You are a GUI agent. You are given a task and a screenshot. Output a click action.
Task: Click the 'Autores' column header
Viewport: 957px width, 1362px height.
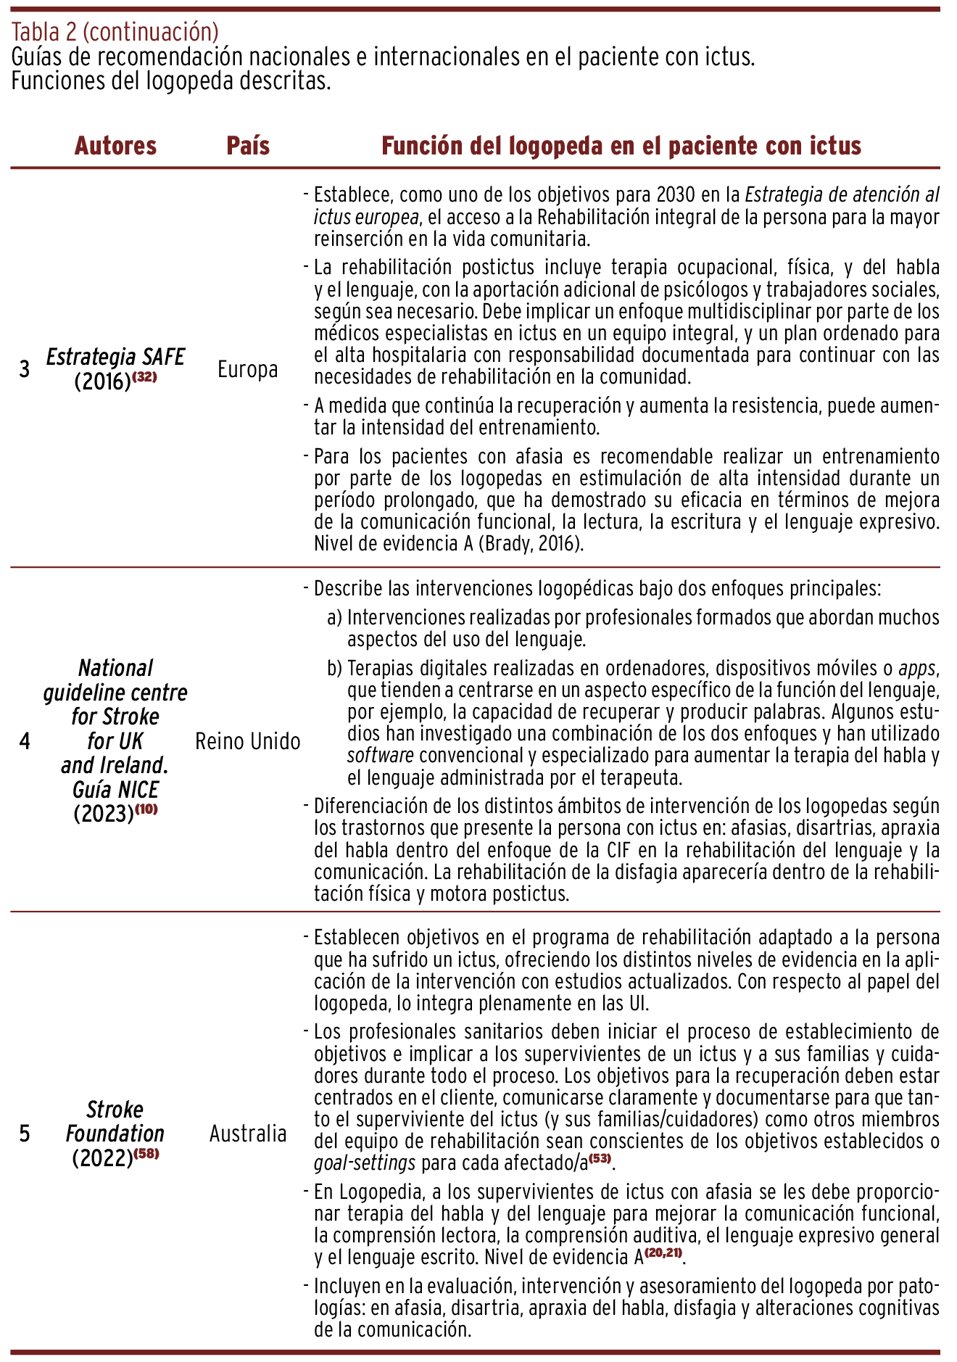115,146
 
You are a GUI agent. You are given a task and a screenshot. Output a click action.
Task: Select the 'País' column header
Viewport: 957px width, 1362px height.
248,146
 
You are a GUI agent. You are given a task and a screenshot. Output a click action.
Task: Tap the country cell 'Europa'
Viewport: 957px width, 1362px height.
248,369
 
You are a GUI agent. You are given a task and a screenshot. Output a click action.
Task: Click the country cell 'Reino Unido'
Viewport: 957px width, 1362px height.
248,741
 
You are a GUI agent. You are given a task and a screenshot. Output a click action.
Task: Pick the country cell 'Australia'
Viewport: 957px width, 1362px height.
248,1133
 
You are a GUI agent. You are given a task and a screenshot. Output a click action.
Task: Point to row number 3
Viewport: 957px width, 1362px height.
25,369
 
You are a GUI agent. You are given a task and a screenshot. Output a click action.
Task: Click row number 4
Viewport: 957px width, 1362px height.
25,741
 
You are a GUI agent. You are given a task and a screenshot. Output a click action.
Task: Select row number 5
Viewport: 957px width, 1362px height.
25,1133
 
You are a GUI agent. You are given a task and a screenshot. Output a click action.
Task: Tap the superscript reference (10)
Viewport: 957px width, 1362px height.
146,809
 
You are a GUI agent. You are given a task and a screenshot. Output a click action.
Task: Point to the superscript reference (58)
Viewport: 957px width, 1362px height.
146,1154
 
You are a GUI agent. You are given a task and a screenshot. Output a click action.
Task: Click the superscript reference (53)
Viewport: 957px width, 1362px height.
600,1158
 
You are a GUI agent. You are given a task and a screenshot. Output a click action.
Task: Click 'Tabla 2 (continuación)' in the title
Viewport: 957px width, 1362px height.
115,31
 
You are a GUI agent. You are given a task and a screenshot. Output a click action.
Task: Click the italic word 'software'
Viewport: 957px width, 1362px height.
381,756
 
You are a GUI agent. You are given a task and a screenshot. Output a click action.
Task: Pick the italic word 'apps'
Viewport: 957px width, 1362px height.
917,668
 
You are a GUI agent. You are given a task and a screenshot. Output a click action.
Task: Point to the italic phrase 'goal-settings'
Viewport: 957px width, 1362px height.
365,1163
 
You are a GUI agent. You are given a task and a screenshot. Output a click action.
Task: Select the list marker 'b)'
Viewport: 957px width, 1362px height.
334,668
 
